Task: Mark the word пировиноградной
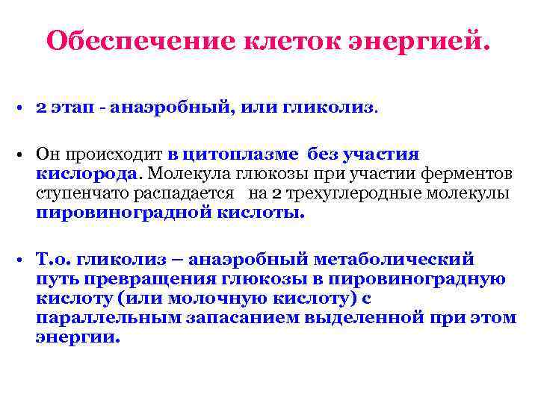[x=124, y=213]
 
